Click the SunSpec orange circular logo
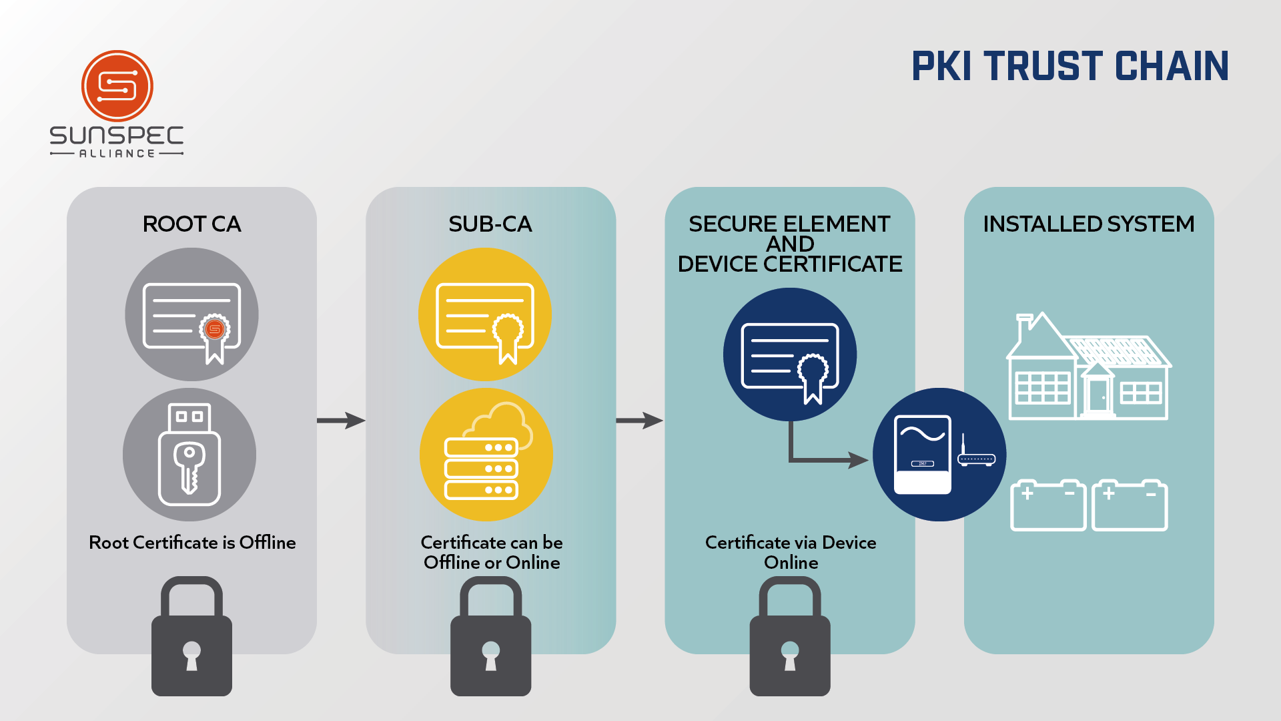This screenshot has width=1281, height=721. pyautogui.click(x=117, y=86)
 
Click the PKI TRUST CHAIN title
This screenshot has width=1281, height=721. pyautogui.click(x=1070, y=67)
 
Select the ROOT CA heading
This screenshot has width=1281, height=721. pyautogui.click(x=191, y=224)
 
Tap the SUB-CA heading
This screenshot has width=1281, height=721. pyautogui.click(x=490, y=224)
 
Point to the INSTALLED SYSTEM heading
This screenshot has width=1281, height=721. pyautogui.click(x=1088, y=224)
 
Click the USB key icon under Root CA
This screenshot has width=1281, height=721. pyautogui.click(x=189, y=455)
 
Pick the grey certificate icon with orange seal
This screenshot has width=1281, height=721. pyautogui.click(x=191, y=314)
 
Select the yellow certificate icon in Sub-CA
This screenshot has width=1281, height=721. pyautogui.click(x=485, y=314)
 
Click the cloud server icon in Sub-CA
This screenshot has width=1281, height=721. pyautogui.click(x=486, y=455)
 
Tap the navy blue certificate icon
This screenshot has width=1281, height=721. pyautogui.click(x=790, y=354)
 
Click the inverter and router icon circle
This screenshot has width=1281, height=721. pyautogui.click(x=939, y=455)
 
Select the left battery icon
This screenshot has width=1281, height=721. pyautogui.click(x=1048, y=505)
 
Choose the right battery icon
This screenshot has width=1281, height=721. pyautogui.click(x=1130, y=505)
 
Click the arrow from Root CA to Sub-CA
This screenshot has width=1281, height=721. pyautogui.click(x=341, y=421)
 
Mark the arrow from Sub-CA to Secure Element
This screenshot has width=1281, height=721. pyautogui.click(x=639, y=421)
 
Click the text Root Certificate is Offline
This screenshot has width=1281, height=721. pyautogui.click(x=192, y=543)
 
